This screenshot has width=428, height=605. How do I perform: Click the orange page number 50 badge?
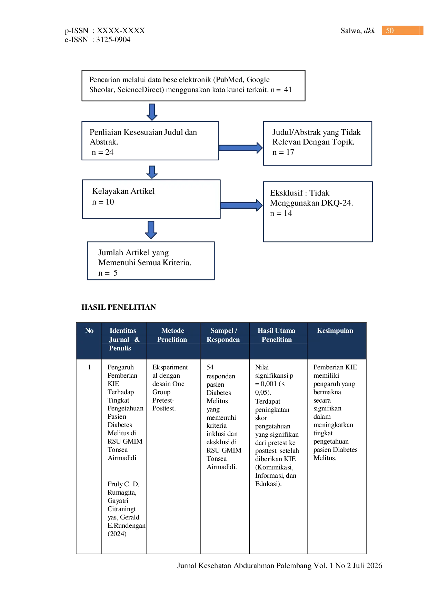tap(402, 30)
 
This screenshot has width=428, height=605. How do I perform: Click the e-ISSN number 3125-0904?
tap(113, 40)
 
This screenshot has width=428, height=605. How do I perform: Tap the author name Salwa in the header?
tap(351, 31)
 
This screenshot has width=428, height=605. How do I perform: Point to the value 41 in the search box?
tap(288, 90)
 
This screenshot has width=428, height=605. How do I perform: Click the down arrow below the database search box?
tap(152, 112)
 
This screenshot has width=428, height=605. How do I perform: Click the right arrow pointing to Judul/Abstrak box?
tap(241, 148)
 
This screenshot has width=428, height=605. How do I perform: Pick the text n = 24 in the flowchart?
tap(102, 152)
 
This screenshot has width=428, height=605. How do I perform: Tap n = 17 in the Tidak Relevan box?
tap(283, 152)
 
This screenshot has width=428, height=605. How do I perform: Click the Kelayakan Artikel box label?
tap(123, 191)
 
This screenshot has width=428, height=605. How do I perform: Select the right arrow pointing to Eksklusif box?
tap(241, 205)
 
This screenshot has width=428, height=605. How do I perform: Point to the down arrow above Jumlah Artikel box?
tap(151, 230)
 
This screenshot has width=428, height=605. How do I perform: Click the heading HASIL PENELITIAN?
tap(119, 307)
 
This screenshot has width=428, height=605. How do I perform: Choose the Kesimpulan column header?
tap(335, 330)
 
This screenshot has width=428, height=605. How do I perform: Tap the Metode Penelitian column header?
tap(172, 335)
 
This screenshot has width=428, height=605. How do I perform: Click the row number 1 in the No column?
tap(89, 367)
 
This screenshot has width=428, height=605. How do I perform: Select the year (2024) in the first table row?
tap(117, 534)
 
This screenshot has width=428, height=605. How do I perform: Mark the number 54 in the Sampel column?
tap(210, 367)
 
